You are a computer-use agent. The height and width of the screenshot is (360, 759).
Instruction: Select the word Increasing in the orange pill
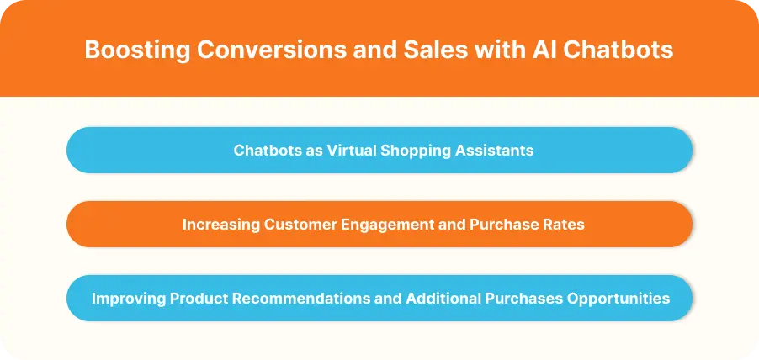pos(220,225)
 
